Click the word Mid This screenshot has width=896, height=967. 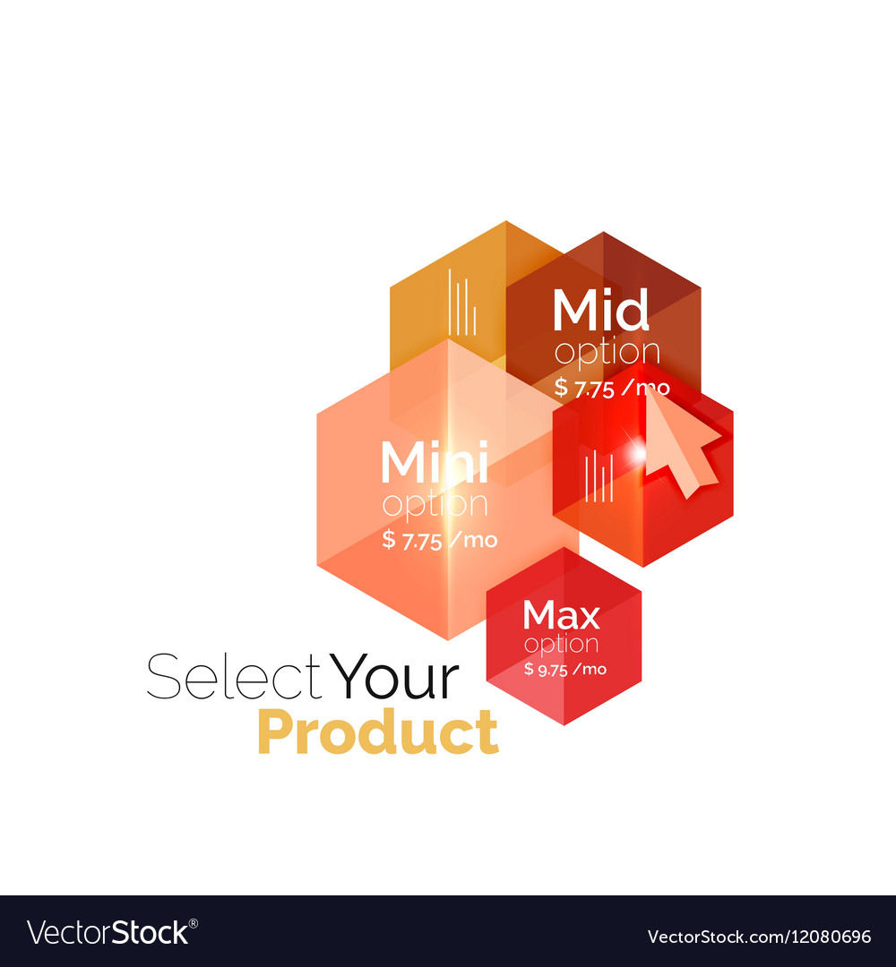tap(600, 312)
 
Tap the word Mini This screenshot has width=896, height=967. tap(434, 464)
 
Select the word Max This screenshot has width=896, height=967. tap(561, 616)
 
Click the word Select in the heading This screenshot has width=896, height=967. tap(234, 678)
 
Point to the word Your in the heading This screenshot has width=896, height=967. tap(395, 678)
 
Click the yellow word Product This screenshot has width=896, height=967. tap(377, 732)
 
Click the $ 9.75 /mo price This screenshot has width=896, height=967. tap(565, 669)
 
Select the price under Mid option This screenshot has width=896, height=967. tap(612, 387)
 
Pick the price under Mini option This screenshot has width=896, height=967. tap(439, 540)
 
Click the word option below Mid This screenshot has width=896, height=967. tap(607, 353)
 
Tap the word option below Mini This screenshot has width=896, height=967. tap(435, 505)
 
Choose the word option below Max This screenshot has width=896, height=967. tap(562, 644)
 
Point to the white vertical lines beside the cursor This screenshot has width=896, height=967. tap(599, 476)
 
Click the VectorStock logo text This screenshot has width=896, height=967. tap(108, 933)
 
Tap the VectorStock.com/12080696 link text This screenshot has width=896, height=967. tap(759, 937)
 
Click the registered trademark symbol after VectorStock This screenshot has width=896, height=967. tap(194, 922)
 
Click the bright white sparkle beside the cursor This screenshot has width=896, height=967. tap(637, 454)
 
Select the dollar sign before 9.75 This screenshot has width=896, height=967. tap(529, 669)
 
